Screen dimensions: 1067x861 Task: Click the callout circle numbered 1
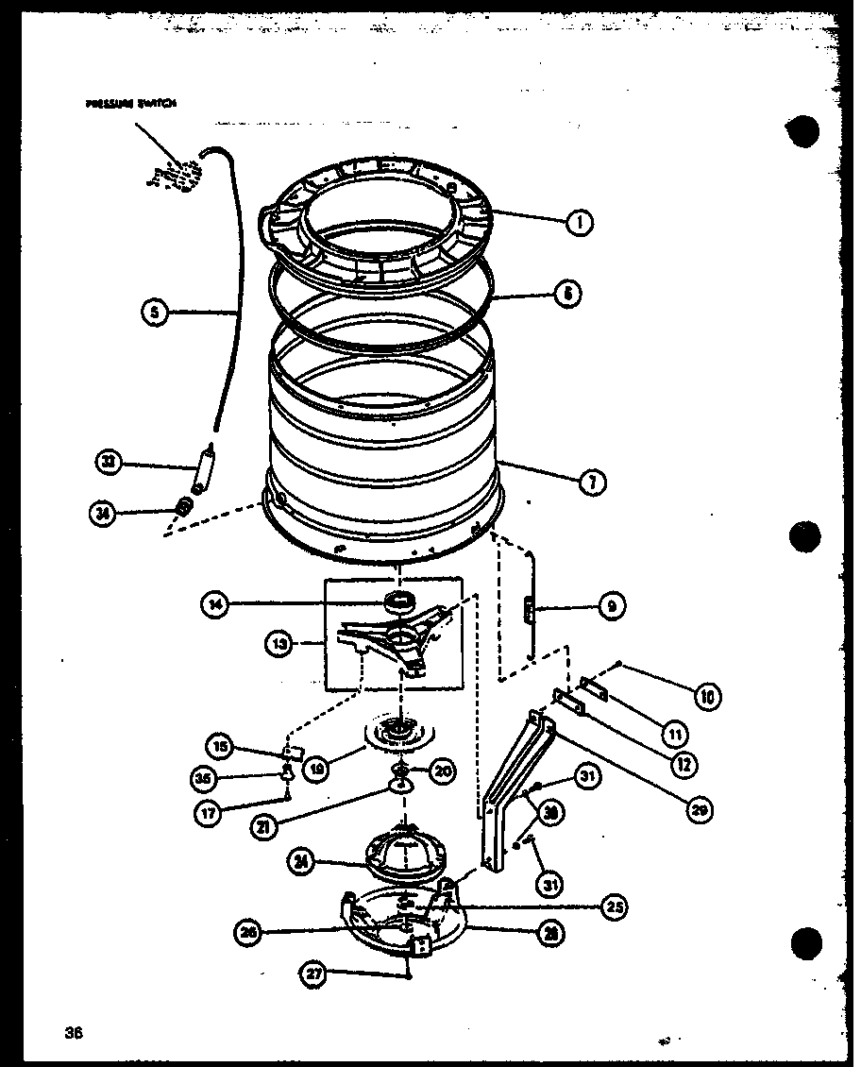(x=580, y=223)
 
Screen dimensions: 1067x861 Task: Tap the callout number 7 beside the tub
(x=592, y=483)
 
